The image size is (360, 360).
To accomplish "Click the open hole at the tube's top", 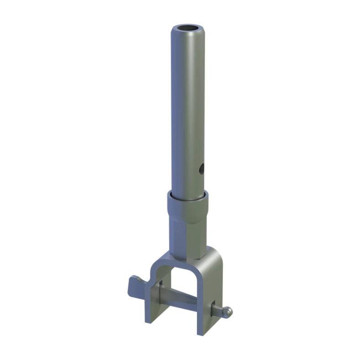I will click(188, 29).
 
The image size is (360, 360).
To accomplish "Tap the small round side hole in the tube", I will click(201, 169).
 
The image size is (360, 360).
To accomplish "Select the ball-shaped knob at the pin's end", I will click(228, 312).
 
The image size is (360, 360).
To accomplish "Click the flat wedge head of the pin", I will click(137, 285).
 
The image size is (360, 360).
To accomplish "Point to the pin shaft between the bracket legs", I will click(180, 295).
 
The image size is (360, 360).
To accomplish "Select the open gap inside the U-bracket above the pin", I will click(183, 279).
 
